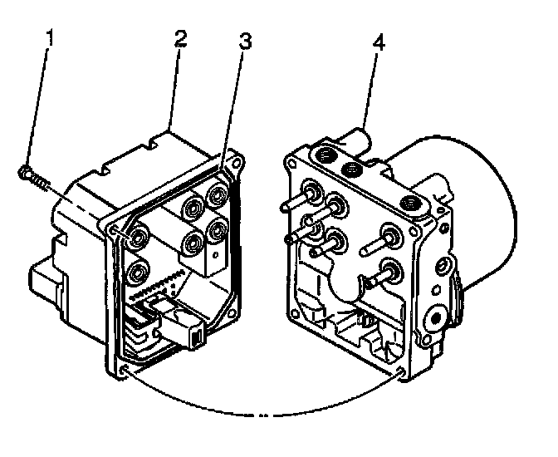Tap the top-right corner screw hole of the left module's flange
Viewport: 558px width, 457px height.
pos(237,164)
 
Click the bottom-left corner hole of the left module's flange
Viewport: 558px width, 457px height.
pos(123,369)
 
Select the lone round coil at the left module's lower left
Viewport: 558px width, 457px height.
pos(138,270)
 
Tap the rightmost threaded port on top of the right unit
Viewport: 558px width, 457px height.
pos(409,202)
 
